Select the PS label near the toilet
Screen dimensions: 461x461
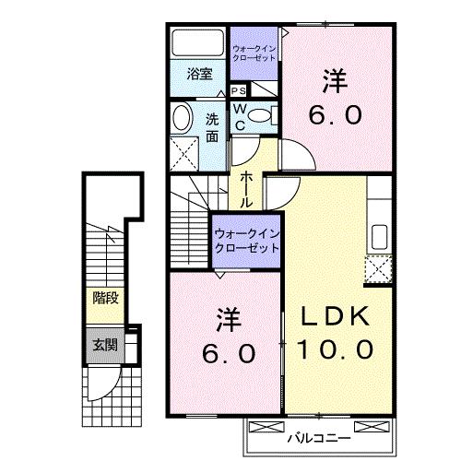[238, 90]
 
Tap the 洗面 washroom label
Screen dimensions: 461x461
[213, 126]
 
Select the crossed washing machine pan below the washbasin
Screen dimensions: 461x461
[187, 150]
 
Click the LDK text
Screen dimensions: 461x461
[336, 316]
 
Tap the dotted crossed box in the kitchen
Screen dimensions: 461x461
[378, 268]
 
